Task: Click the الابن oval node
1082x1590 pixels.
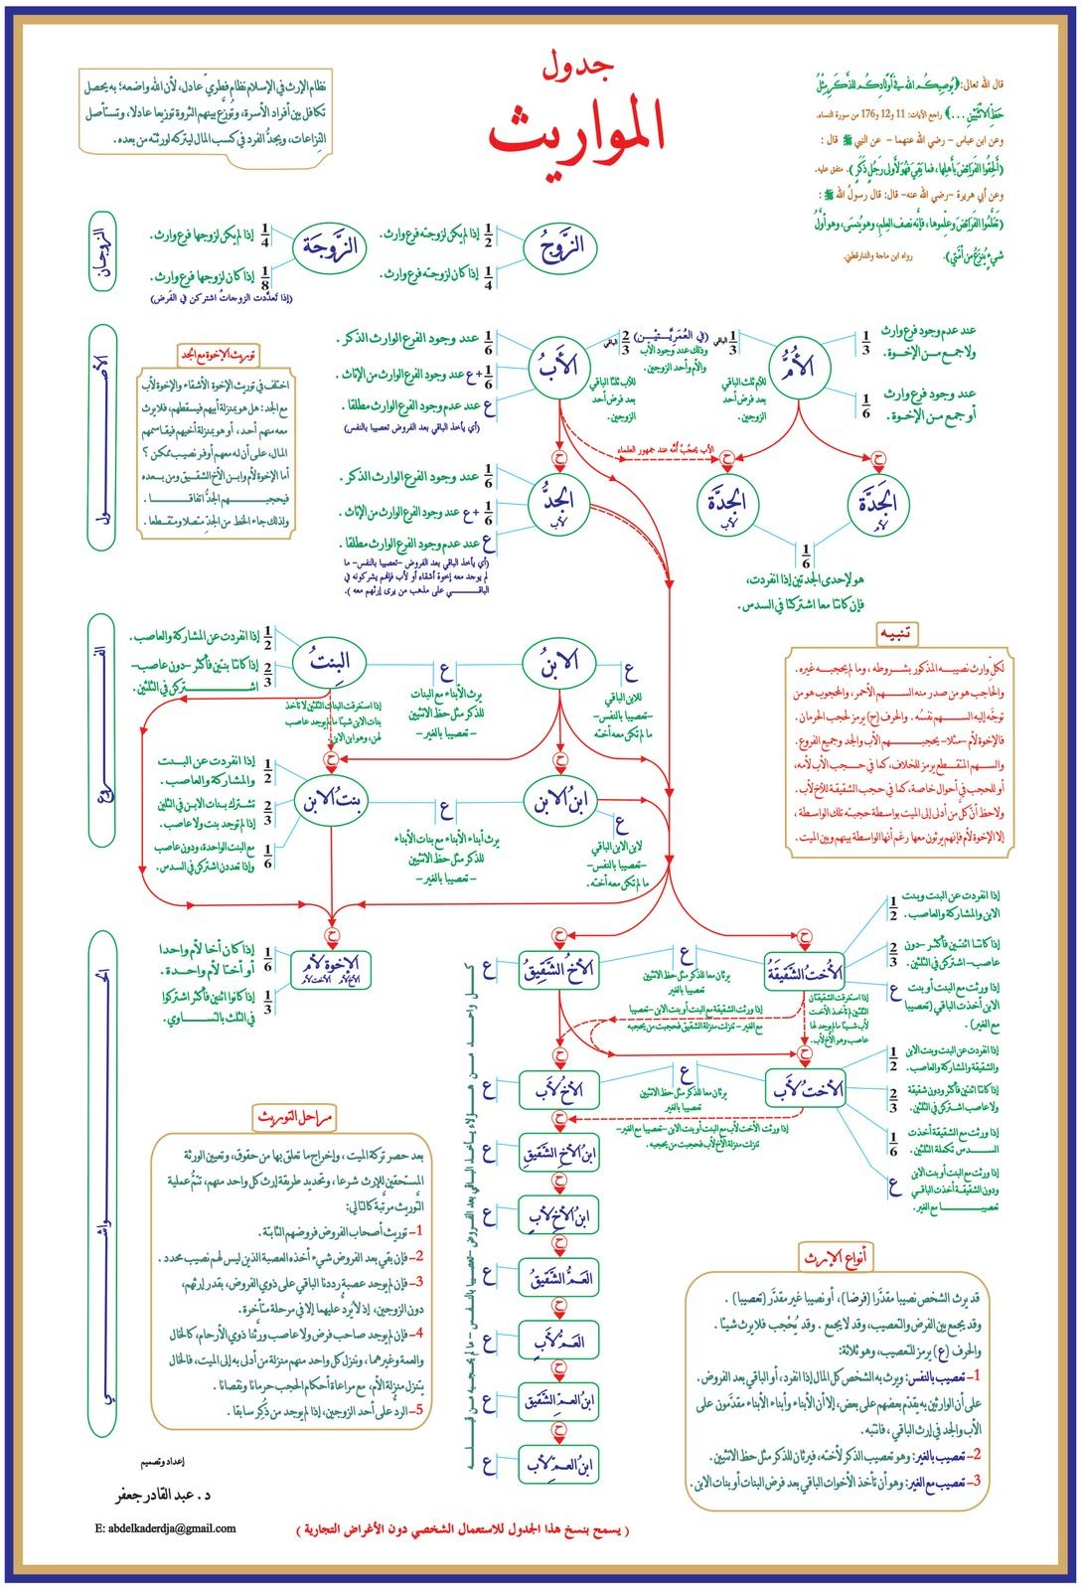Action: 558,663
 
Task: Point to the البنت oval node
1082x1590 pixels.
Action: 334,663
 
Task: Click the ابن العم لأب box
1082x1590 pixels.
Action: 558,1465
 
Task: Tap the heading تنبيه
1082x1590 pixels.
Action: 896,633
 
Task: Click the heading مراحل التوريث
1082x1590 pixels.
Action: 294,1117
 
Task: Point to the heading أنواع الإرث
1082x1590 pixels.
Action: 836,1258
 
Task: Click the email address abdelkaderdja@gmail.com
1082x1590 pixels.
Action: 166,1528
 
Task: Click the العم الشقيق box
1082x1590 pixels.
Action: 558,1278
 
